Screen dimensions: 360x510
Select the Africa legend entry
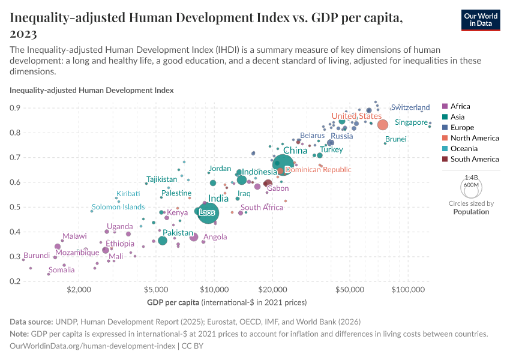pos(460,106)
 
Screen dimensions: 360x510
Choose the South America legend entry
pos(474,159)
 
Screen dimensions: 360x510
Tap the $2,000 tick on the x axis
pos(79,290)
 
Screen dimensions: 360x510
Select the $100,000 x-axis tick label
pos(408,290)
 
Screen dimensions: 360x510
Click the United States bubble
pos(382,125)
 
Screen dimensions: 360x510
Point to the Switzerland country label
pos(410,107)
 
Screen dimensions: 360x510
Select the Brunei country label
pos(396,139)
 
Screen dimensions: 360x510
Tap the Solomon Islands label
pos(118,207)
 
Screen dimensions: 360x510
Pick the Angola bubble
pos(194,237)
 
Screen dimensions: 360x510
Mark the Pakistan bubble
pos(163,241)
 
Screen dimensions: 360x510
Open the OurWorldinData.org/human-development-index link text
pos(92,346)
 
